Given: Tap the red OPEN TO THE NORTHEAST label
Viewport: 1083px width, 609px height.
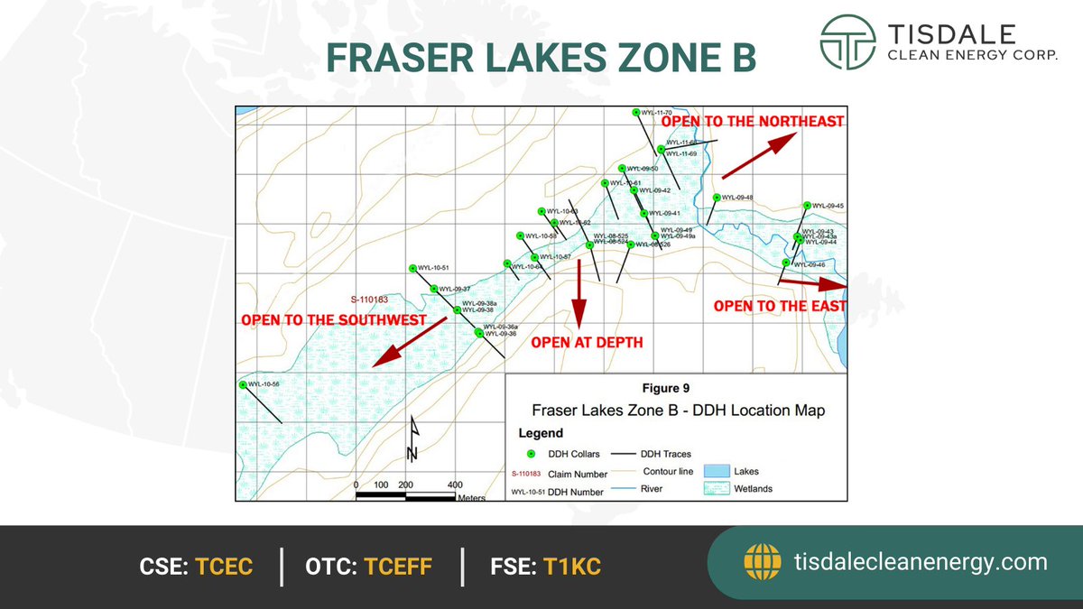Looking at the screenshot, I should (754, 121).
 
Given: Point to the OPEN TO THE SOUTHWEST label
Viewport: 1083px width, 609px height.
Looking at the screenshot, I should (333, 320).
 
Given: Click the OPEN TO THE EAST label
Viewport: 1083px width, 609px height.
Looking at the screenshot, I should (780, 307).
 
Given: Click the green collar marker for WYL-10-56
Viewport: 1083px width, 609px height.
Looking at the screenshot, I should (243, 384).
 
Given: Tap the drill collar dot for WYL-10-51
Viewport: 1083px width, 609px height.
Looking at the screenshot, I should (412, 268).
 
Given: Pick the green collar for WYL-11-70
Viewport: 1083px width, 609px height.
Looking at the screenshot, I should (636, 112).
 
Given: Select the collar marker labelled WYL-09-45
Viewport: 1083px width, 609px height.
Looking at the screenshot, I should (807, 206).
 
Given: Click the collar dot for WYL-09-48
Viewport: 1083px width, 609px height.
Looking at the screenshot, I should (716, 198).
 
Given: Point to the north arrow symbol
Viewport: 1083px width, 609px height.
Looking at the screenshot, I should (412, 438).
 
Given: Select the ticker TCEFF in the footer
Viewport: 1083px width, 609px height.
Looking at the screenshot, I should (398, 567).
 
